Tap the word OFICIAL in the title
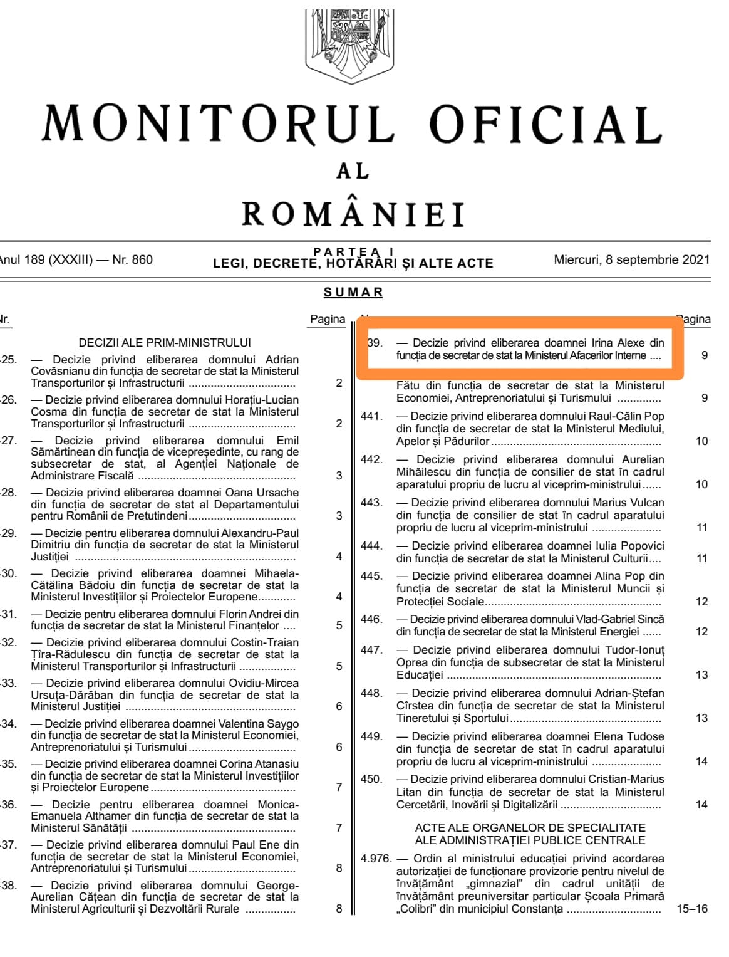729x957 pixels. [x=545, y=123]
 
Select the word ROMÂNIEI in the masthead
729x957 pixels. [x=353, y=214]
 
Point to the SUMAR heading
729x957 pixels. [x=353, y=292]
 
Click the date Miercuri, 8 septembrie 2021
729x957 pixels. [x=631, y=259]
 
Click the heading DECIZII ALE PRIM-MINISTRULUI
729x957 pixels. [x=165, y=343]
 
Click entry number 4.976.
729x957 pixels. [x=376, y=859]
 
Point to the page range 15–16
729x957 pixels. [x=692, y=909]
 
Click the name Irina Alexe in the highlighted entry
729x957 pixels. [x=619, y=343]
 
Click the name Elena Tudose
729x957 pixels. [x=632, y=736]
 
